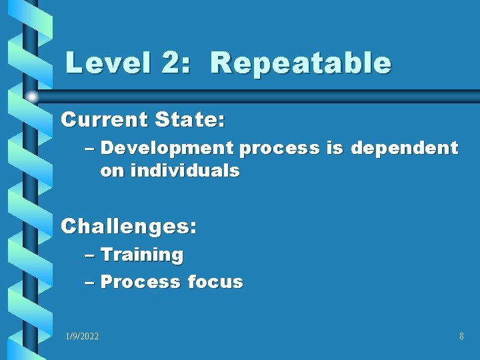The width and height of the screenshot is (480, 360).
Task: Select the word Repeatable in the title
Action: tap(300, 63)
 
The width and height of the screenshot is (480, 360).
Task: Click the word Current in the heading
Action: tap(104, 120)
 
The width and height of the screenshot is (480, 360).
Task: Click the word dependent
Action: tap(405, 149)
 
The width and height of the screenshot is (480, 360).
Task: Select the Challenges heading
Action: tap(129, 226)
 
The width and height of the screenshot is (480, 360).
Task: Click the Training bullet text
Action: tap(142, 255)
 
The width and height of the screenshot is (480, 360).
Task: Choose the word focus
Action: tap(215, 282)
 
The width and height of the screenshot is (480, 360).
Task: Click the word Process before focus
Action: tap(140, 282)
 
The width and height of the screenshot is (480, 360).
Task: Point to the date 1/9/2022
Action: tap(82, 337)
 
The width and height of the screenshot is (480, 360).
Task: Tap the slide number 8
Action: tap(461, 337)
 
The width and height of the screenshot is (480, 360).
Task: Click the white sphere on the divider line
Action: tap(31, 97)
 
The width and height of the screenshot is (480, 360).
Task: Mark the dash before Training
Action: tap(91, 255)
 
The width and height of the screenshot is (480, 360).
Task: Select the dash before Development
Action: tap(91, 149)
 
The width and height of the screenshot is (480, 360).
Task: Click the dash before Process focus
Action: tap(91, 282)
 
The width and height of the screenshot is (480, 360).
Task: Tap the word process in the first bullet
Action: tap(279, 149)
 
